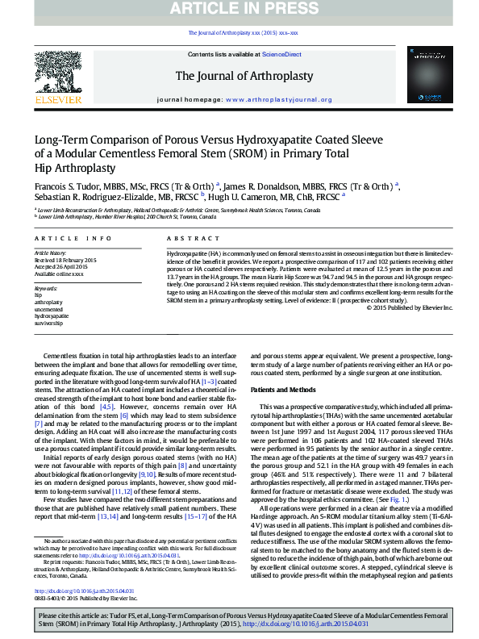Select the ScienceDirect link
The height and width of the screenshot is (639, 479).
click(x=281, y=54)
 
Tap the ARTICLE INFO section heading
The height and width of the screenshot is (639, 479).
click(x=73, y=239)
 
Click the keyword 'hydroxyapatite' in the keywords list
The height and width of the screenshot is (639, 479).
click(x=52, y=316)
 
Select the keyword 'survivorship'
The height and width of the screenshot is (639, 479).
click(x=49, y=323)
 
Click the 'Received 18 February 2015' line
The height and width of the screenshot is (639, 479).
click(x=65, y=261)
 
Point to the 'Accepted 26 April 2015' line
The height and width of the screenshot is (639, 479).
click(x=61, y=267)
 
